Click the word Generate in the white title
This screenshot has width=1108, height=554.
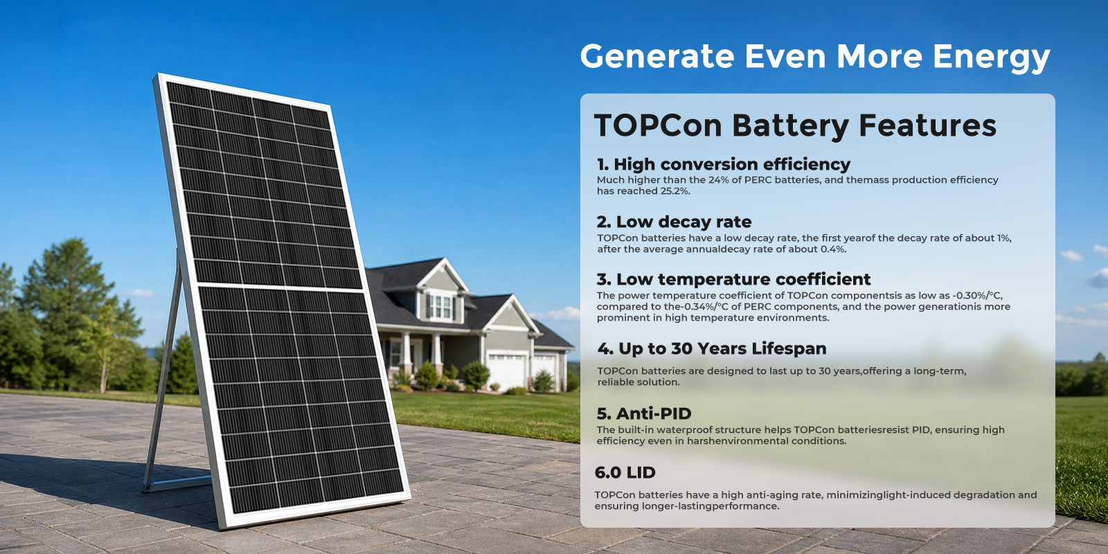click(x=657, y=56)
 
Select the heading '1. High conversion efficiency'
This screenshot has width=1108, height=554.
click(x=724, y=164)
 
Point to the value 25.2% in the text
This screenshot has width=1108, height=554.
click(x=674, y=191)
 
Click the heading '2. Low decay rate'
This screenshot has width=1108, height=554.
click(x=674, y=222)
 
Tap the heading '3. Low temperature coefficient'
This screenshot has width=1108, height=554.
click(x=733, y=280)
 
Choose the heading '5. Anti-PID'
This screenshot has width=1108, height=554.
click(x=644, y=413)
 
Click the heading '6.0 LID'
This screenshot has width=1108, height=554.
click(x=625, y=473)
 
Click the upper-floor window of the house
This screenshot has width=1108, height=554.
click(x=440, y=306)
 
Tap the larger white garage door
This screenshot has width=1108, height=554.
click(x=506, y=371)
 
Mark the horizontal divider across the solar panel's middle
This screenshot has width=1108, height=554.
click(x=280, y=287)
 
